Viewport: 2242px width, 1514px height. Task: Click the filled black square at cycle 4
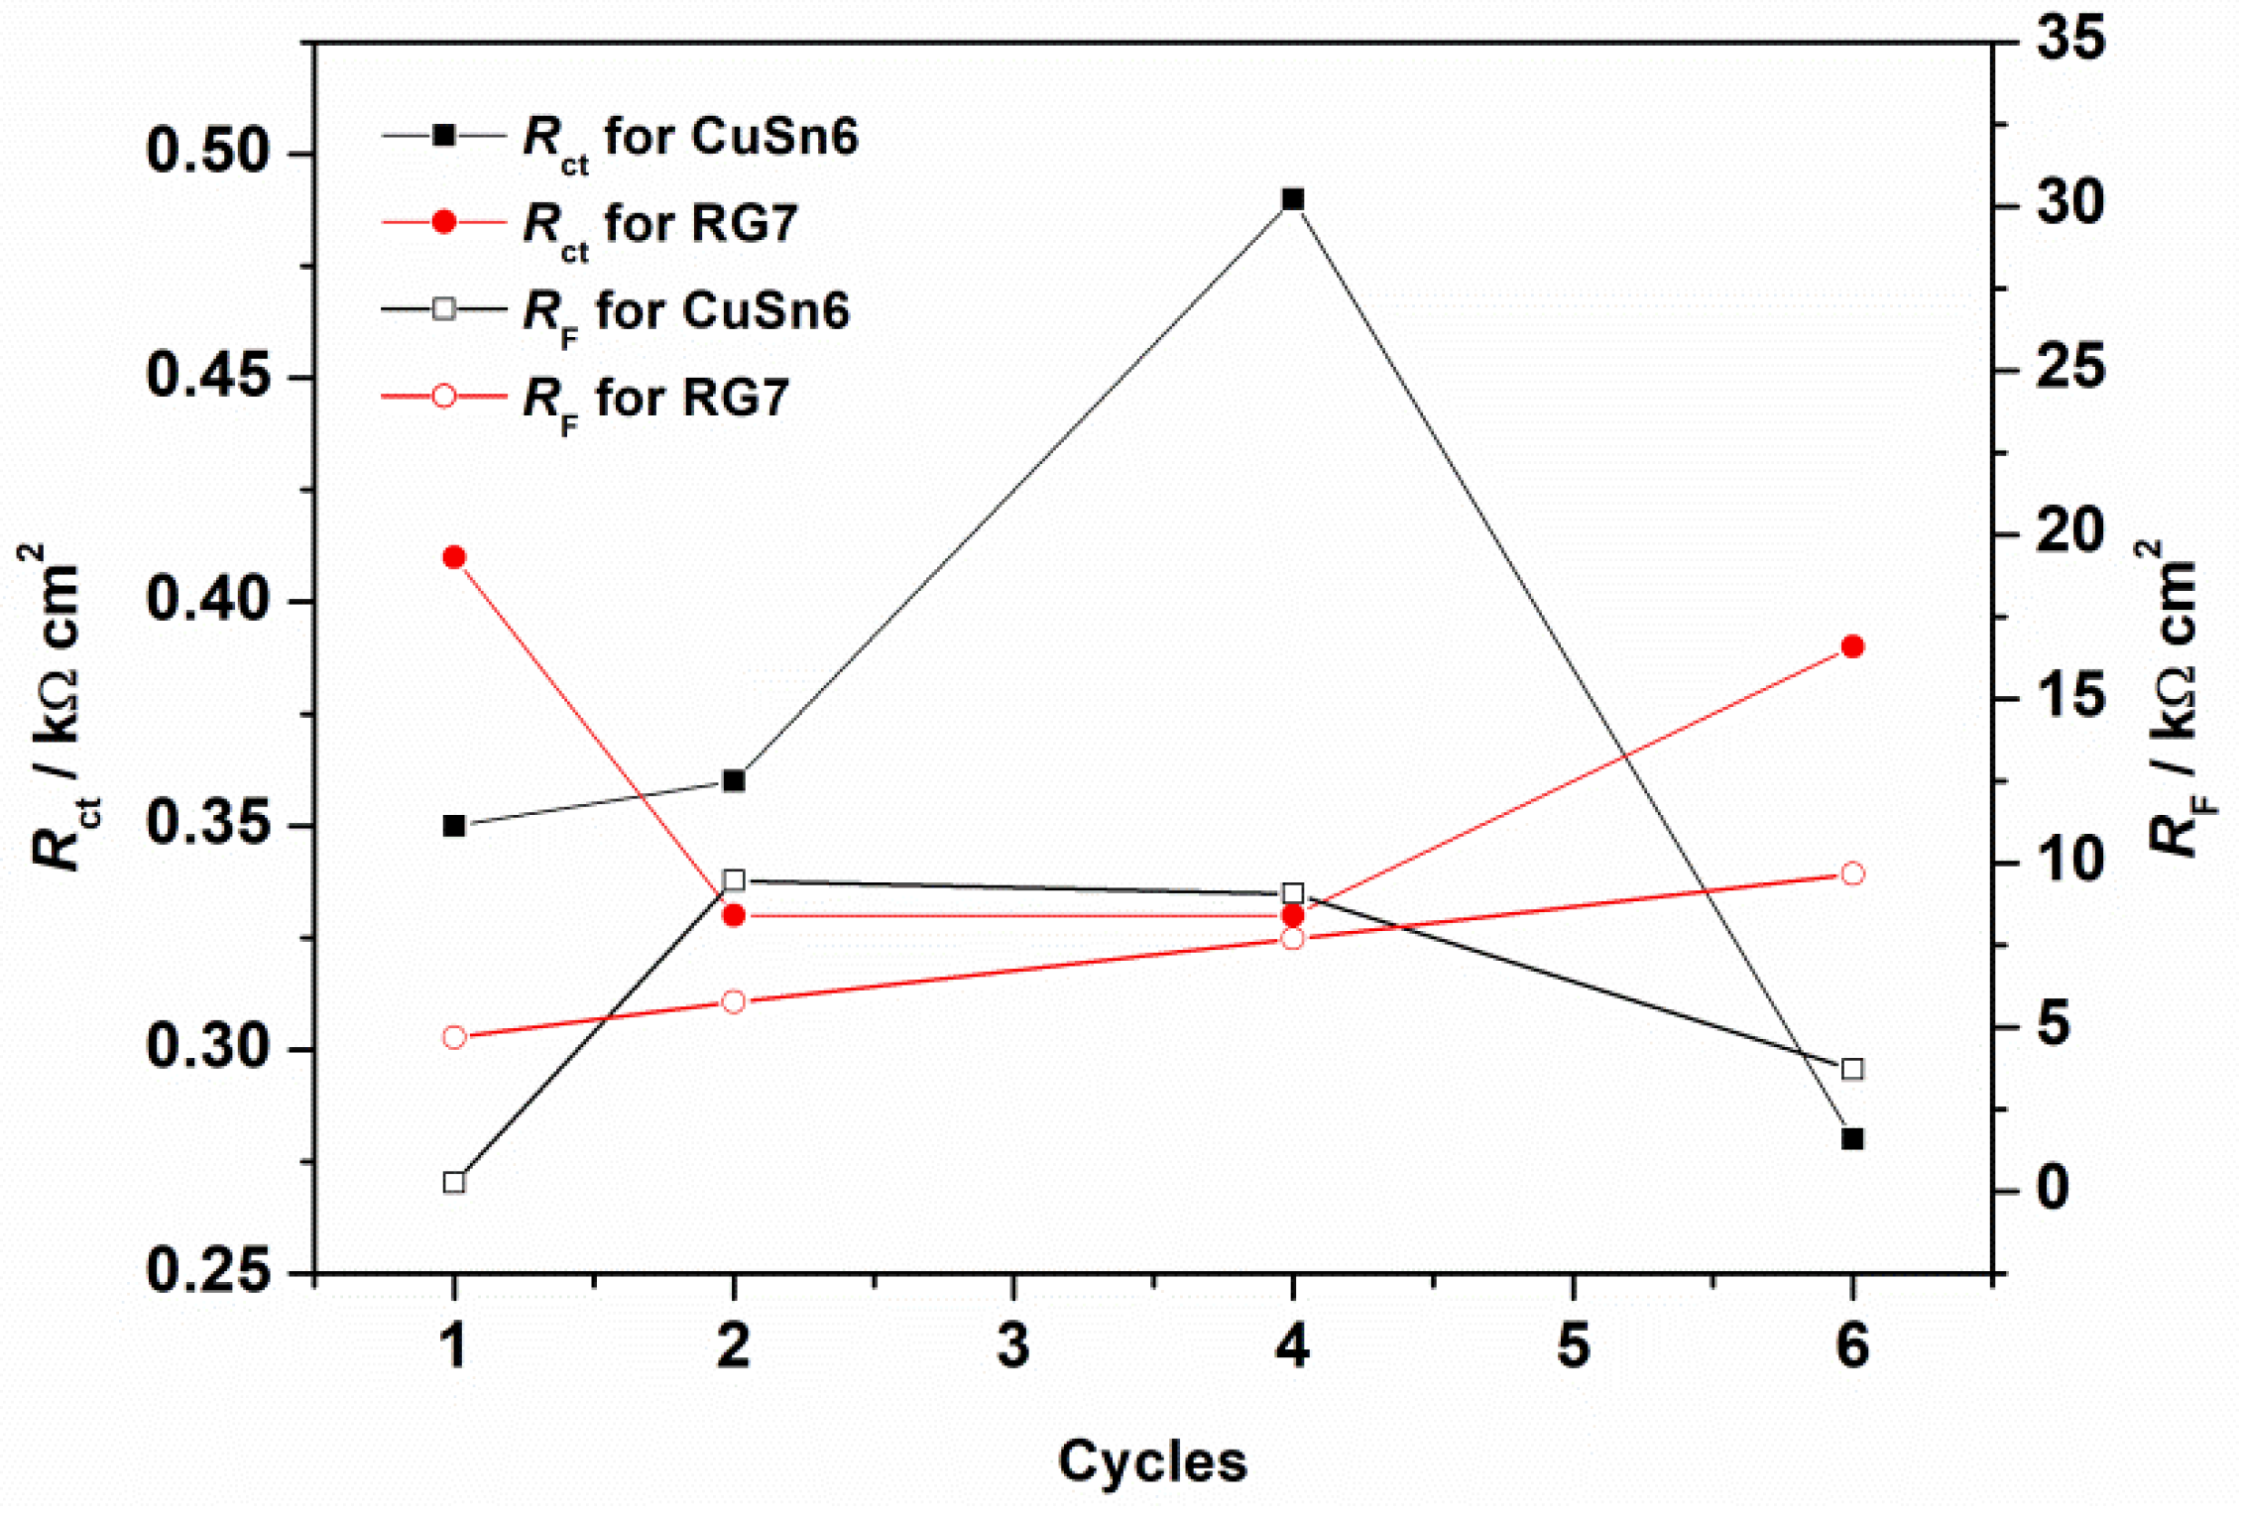pos(1292,200)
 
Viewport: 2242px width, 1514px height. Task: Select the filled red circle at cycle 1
pos(454,557)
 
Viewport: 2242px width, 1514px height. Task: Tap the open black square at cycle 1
pos(454,1183)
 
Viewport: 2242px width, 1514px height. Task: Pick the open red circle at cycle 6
pos(1852,873)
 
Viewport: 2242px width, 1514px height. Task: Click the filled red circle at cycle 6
pos(1852,646)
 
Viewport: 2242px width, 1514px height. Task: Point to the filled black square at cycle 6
pos(1852,1139)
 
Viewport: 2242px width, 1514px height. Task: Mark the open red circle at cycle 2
pos(734,1001)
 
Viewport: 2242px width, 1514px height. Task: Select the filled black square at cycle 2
pos(734,781)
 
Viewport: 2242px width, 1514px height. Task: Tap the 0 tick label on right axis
pos(2053,1187)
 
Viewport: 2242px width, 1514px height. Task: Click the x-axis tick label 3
pos(1013,1346)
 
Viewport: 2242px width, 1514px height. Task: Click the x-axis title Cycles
pos(1152,1461)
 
